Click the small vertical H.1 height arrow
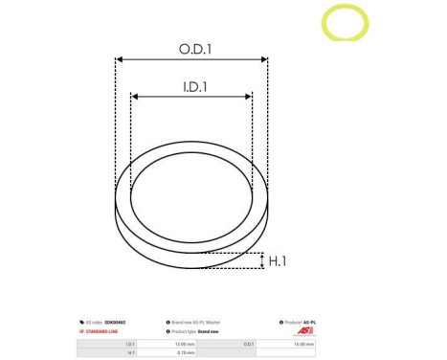click(x=261, y=260)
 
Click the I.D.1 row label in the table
click(x=130, y=342)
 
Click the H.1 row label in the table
click(x=131, y=352)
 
